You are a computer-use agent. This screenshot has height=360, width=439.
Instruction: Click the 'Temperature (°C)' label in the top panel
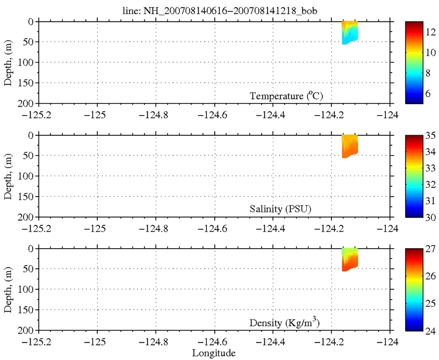(x=286, y=95)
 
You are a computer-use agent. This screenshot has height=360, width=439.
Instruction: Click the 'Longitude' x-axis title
(x=214, y=353)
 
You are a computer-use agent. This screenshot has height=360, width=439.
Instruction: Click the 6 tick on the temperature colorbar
(x=430, y=92)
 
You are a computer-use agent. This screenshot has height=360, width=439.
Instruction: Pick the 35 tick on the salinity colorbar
(x=430, y=136)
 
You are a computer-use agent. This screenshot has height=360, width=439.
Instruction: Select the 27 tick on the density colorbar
(x=430, y=249)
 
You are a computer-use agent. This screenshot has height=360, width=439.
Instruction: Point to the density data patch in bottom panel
(x=349, y=258)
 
